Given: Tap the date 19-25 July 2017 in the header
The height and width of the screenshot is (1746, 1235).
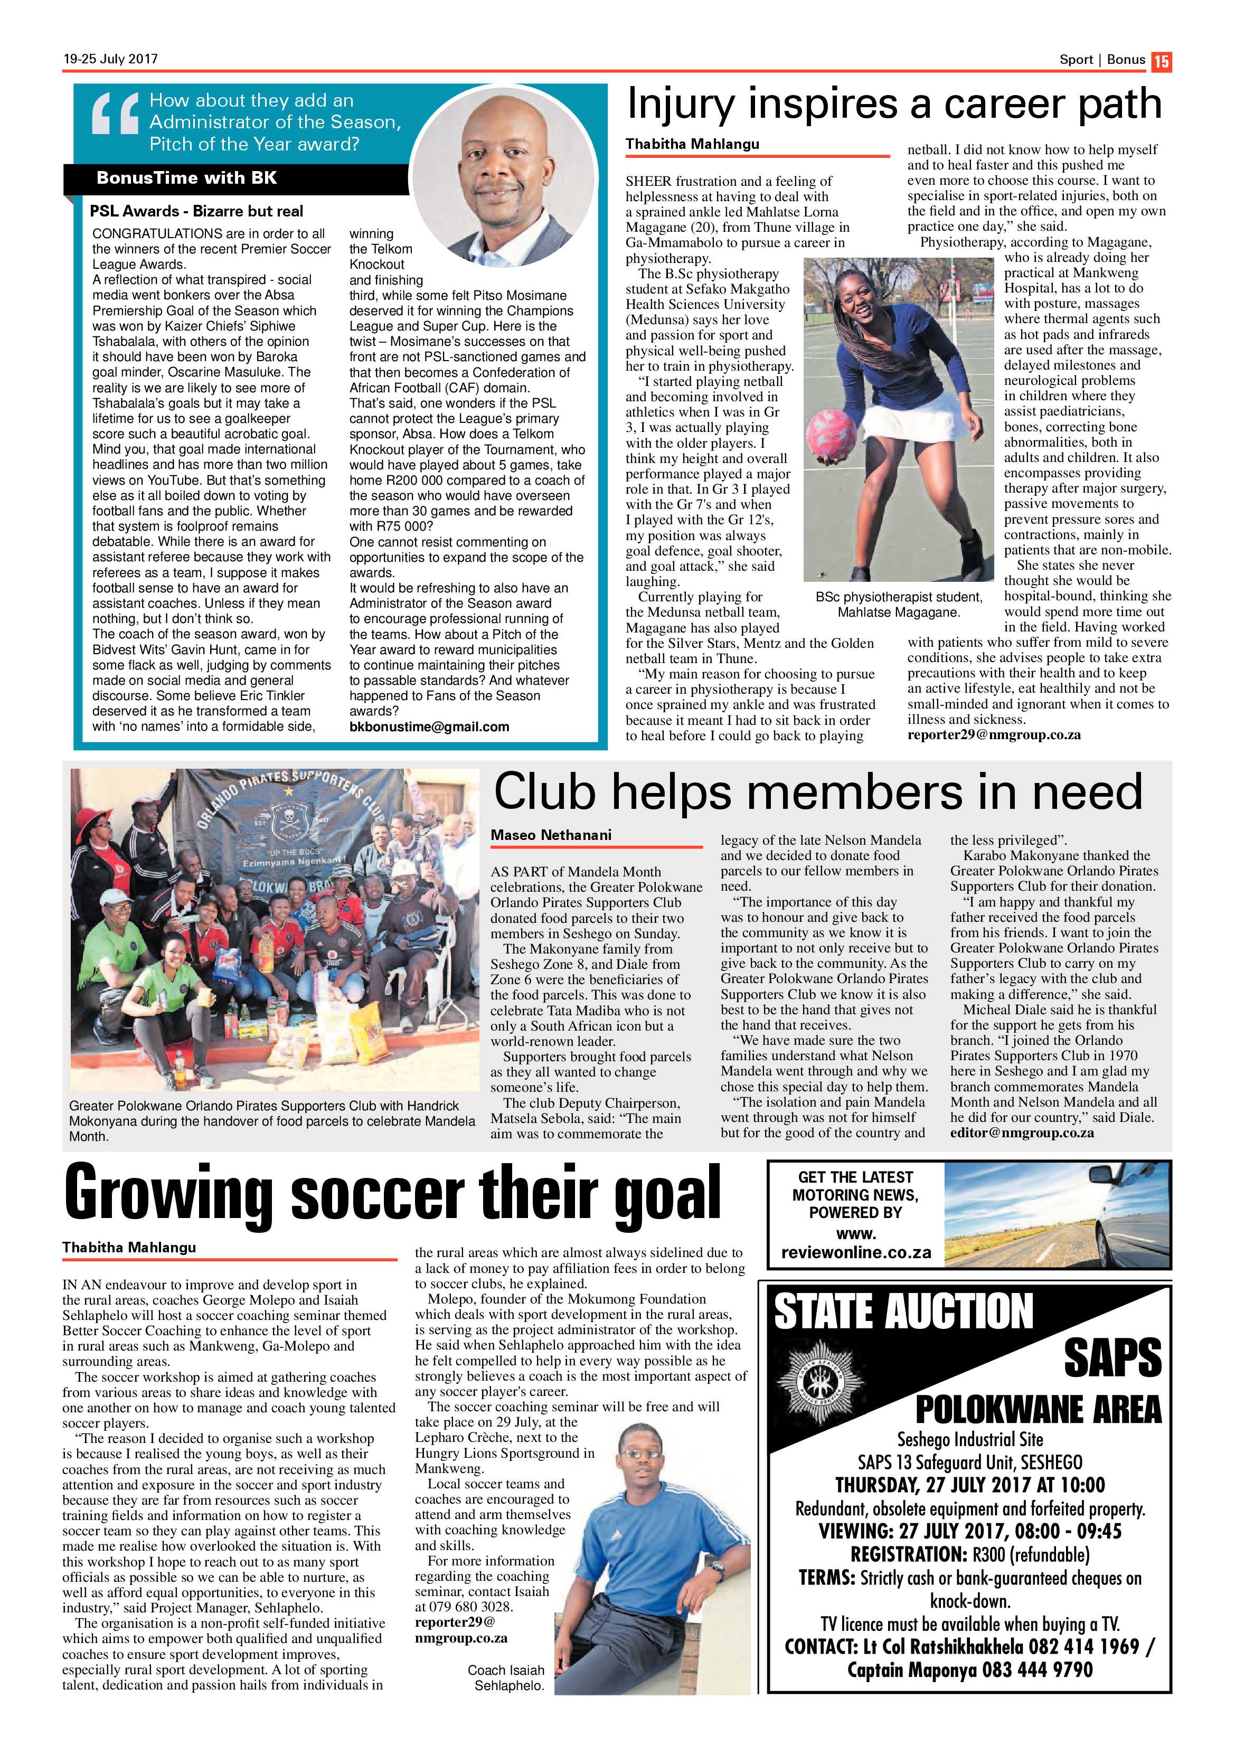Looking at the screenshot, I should coord(110,59).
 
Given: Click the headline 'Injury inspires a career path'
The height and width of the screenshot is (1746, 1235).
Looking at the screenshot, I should coord(893,104).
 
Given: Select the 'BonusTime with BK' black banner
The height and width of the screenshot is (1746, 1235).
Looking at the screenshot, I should coord(187,178).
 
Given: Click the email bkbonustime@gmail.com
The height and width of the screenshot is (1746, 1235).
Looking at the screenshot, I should coord(429,726).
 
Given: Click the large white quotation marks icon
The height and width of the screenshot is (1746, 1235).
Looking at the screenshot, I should coord(115,112).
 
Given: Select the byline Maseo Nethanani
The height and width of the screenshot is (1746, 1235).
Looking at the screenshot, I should coord(551,835).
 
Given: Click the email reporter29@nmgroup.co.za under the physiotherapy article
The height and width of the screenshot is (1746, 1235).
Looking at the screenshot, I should coord(993,734).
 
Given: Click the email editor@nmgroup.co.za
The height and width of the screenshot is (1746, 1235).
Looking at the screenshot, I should coord(1021,1133).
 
